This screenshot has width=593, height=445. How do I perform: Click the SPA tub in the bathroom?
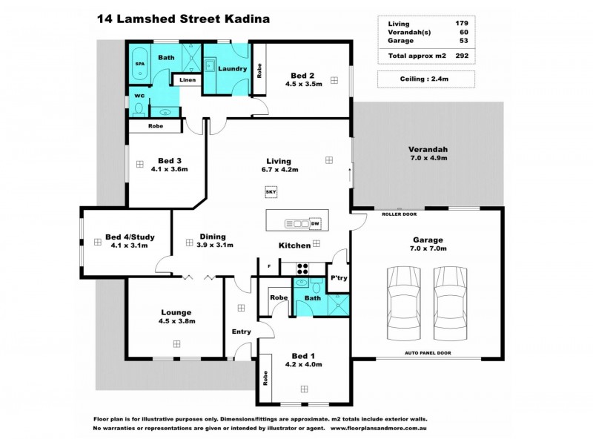coord(139,64)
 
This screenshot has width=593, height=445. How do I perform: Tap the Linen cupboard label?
coord(187,79)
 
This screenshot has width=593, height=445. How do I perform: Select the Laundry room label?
coord(232,69)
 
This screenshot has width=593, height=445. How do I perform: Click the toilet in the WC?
coord(139,109)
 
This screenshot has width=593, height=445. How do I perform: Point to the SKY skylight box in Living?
coord(269,193)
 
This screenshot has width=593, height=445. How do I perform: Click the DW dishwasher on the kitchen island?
coord(315,223)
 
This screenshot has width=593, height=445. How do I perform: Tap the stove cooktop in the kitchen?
coord(302,268)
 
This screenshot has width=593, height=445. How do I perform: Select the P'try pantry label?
coord(339,278)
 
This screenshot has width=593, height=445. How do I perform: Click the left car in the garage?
coord(401,302)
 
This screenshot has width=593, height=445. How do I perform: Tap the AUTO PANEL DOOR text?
coord(427,353)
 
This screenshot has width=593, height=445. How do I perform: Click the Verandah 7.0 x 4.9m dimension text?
coord(428,158)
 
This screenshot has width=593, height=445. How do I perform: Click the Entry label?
coord(241,331)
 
